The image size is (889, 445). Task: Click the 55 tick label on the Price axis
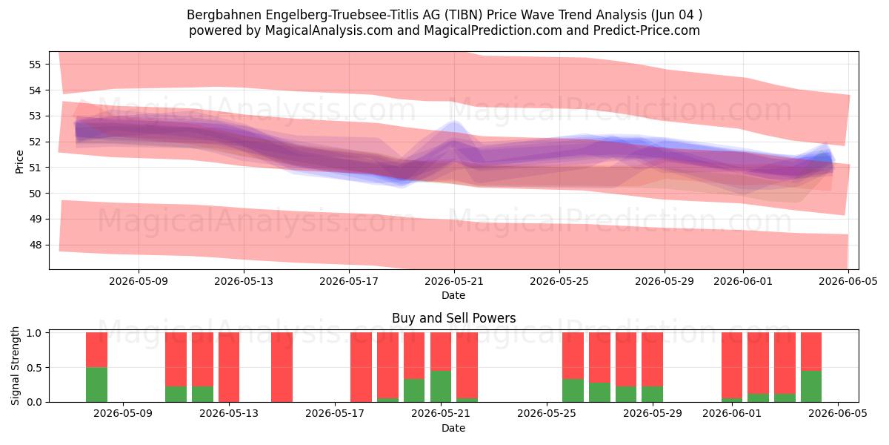click(35, 65)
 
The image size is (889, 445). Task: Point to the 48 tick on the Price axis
click(35, 245)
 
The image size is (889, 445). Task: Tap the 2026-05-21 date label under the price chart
click(454, 281)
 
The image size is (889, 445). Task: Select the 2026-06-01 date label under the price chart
click(743, 281)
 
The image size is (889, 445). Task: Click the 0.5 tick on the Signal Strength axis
click(35, 368)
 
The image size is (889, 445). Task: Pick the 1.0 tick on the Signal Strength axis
click(35, 333)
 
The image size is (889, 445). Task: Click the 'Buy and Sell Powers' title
click(453, 318)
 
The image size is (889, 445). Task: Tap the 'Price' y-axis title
click(19, 162)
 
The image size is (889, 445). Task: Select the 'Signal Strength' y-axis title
click(15, 366)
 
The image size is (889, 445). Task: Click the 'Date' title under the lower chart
click(453, 428)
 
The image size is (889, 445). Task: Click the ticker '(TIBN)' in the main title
click(464, 15)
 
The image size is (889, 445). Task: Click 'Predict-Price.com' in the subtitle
click(647, 30)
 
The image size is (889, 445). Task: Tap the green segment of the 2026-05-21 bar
click(441, 386)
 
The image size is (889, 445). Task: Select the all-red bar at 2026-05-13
click(229, 367)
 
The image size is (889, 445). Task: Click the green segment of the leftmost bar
click(96, 385)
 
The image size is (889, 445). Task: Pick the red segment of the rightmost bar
click(810, 352)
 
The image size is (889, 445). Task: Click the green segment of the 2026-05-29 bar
click(652, 394)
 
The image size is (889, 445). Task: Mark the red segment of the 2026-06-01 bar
click(732, 365)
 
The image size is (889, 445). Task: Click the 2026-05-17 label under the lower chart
click(335, 414)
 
